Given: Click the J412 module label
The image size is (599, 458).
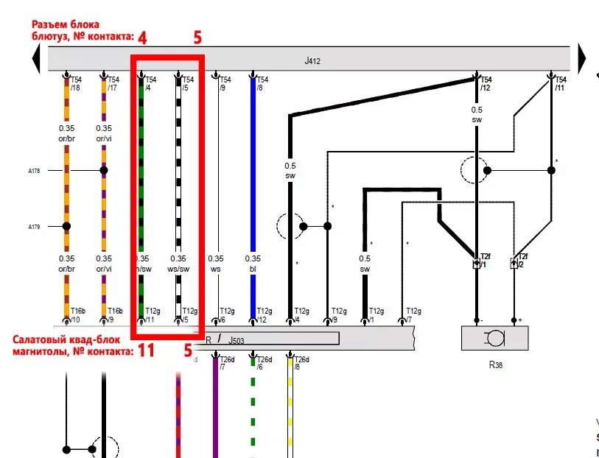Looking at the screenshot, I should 312,61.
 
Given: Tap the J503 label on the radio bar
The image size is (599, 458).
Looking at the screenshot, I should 235,340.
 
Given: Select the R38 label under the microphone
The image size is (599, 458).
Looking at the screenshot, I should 494,363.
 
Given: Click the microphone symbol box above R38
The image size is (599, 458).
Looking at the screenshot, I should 494,338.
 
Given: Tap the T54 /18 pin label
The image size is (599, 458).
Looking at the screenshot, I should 76,84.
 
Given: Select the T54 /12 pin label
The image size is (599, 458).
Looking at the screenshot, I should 486,84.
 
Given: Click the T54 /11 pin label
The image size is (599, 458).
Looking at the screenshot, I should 560,84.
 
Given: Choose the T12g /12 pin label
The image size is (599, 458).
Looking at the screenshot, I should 263,315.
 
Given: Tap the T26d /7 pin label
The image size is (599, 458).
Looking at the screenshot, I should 226,362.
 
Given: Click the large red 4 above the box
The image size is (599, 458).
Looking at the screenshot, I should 142,37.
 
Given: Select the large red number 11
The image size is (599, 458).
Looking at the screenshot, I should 146,350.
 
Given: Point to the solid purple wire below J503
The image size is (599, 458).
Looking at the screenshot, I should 215,412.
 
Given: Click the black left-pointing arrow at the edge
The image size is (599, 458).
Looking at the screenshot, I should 35,57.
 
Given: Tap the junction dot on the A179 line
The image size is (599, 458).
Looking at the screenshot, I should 67,227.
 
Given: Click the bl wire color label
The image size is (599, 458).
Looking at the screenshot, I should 253,269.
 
